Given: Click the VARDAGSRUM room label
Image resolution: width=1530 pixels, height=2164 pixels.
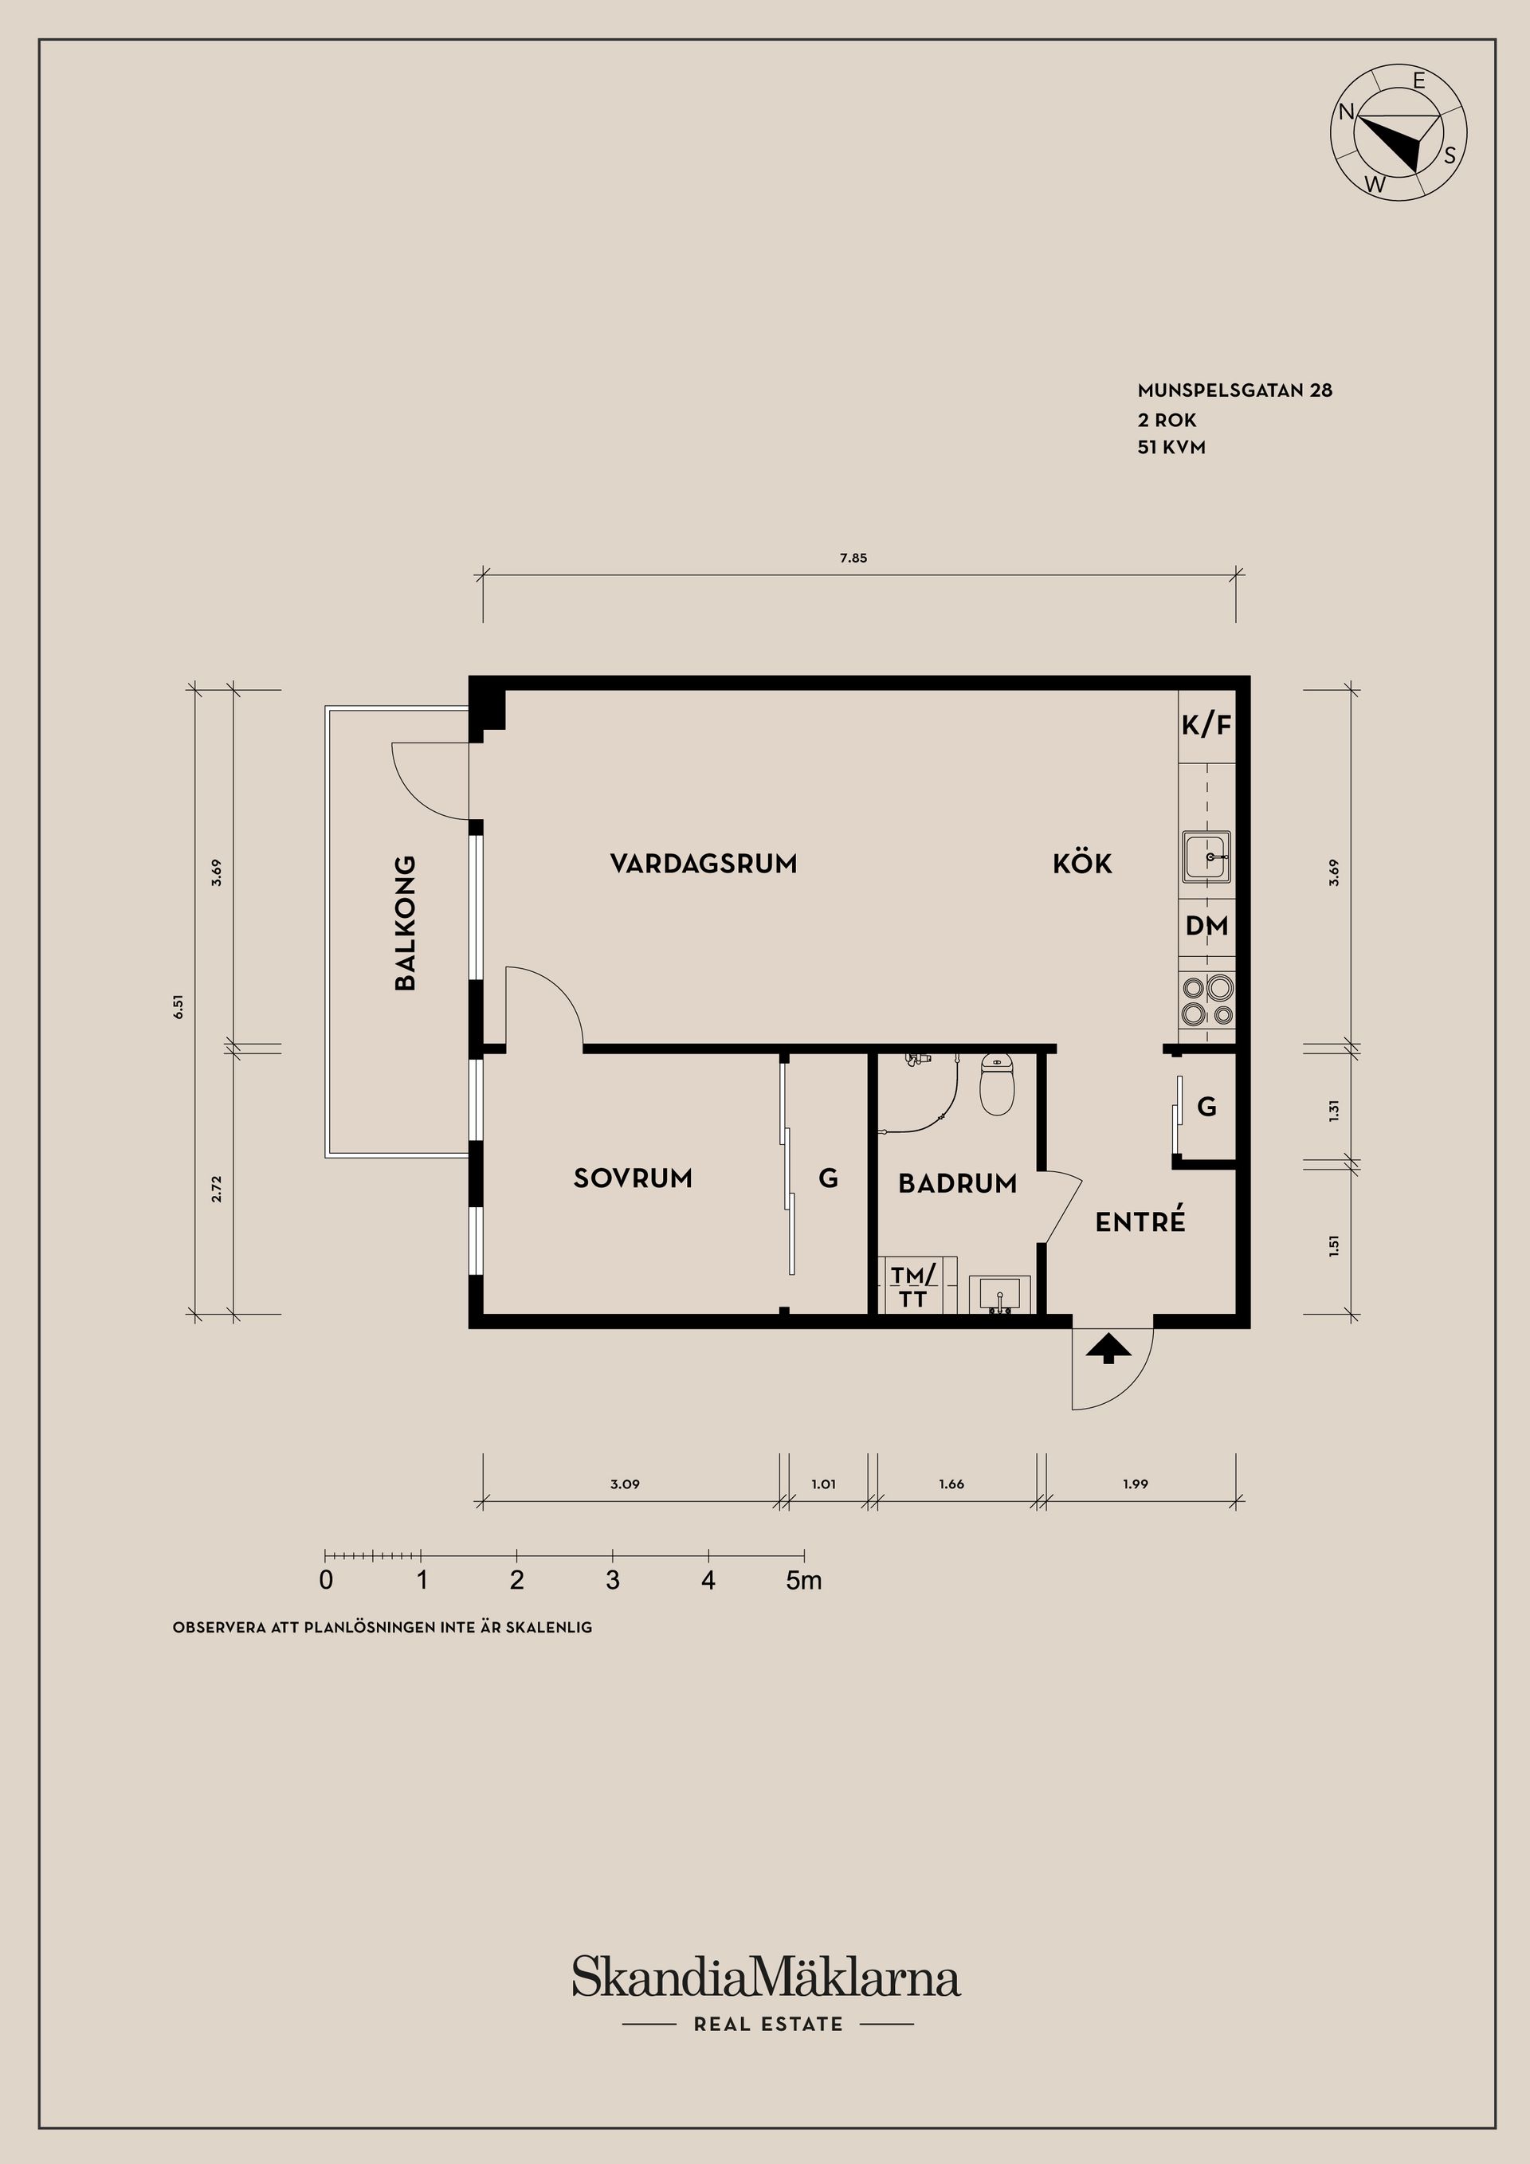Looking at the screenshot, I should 704,864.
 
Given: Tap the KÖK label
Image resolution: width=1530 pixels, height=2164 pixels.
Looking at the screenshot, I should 1082,864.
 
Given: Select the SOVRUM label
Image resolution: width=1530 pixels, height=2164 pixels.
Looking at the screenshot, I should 633,1178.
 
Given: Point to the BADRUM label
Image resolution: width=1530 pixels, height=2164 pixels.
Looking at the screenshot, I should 957,1184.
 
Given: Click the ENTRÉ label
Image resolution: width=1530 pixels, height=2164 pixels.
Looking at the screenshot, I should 1140,1221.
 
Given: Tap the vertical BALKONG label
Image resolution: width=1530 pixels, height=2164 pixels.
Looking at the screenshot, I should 405,922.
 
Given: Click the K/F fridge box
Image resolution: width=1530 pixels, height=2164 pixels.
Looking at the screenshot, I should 1206,726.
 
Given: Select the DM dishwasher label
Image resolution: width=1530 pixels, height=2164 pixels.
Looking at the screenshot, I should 1206,926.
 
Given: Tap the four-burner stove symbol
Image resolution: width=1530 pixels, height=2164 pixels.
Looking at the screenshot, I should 1207,1001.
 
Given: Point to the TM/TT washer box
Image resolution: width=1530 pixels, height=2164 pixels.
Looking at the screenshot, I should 915,1287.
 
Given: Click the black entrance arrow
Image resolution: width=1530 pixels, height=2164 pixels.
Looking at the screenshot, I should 1108,1349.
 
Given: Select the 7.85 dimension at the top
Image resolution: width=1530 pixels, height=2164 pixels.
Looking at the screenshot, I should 853,558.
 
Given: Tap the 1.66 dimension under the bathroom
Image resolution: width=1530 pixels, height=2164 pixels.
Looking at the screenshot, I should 951,1484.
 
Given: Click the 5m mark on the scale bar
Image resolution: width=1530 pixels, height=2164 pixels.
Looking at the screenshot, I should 803,1581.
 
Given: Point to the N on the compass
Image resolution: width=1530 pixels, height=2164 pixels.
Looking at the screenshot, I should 1346,112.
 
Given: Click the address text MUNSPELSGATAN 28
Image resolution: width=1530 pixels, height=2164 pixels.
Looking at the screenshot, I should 1234,390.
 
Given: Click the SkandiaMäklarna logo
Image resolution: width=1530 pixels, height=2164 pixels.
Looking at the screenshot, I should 766,1977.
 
